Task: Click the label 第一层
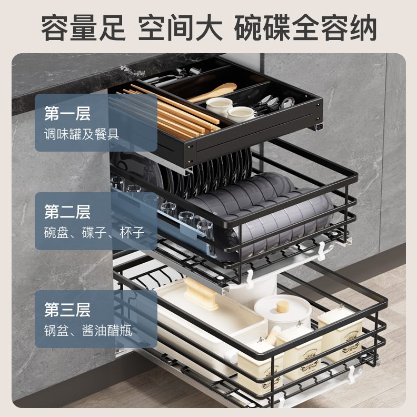[67, 113]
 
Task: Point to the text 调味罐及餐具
[82, 133]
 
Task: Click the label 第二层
[67, 212]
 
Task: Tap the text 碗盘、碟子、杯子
[94, 232]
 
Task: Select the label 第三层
[67, 310]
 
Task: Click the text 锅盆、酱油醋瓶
[88, 331]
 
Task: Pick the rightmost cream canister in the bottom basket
[343, 334]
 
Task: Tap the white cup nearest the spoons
[241, 113]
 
